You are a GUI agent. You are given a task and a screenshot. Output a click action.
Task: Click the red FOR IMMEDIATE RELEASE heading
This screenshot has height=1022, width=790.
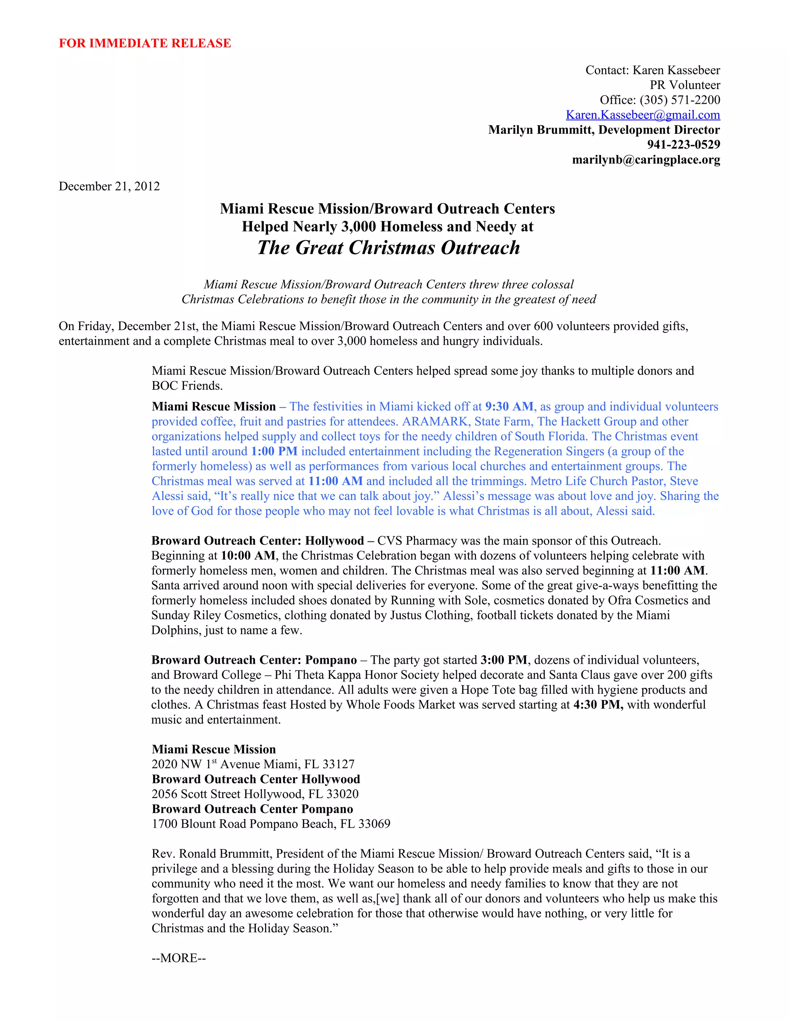[145, 43]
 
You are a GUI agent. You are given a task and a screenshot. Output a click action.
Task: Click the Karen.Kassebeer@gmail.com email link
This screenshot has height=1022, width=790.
[643, 115]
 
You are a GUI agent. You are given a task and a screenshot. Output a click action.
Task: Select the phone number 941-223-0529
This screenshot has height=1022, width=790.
[683, 145]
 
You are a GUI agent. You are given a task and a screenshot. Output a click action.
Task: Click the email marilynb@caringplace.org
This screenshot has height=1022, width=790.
[646, 160]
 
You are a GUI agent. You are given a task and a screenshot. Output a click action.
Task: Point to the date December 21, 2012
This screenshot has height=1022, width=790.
[109, 186]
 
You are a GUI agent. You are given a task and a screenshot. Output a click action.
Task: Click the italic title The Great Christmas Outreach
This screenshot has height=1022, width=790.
[388, 248]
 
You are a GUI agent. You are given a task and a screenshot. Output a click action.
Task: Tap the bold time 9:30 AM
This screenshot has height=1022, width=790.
[509, 406]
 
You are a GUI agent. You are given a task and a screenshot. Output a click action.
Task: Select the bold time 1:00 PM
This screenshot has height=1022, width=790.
[274, 451]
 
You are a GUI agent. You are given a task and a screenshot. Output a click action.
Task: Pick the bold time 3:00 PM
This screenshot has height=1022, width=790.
[503, 660]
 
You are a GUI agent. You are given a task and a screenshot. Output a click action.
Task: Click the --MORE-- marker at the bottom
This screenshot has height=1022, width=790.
[179, 958]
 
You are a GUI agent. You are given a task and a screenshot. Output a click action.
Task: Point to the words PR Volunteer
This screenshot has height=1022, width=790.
[685, 85]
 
